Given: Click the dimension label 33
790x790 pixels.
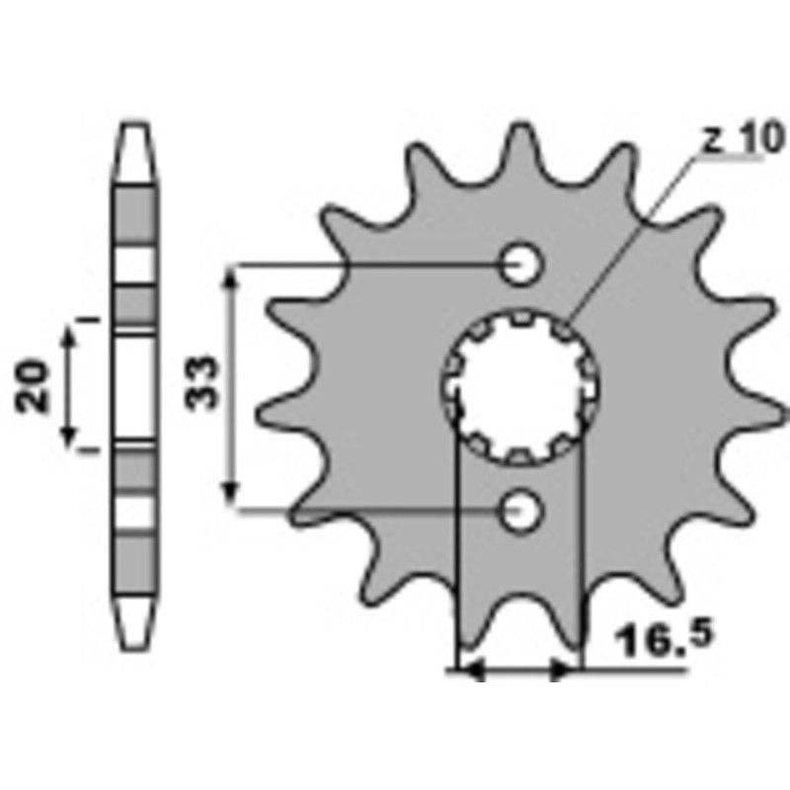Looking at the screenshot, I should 204,383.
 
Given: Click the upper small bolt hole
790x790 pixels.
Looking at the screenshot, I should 519,264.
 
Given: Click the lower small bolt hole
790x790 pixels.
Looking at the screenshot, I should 519,511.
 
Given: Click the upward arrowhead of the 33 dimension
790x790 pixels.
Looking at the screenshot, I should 231,280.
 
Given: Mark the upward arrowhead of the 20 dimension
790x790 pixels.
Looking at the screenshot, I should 70,336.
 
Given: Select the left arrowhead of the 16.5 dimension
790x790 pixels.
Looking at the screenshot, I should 471,671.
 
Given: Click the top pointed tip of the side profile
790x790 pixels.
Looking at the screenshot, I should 136,127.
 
